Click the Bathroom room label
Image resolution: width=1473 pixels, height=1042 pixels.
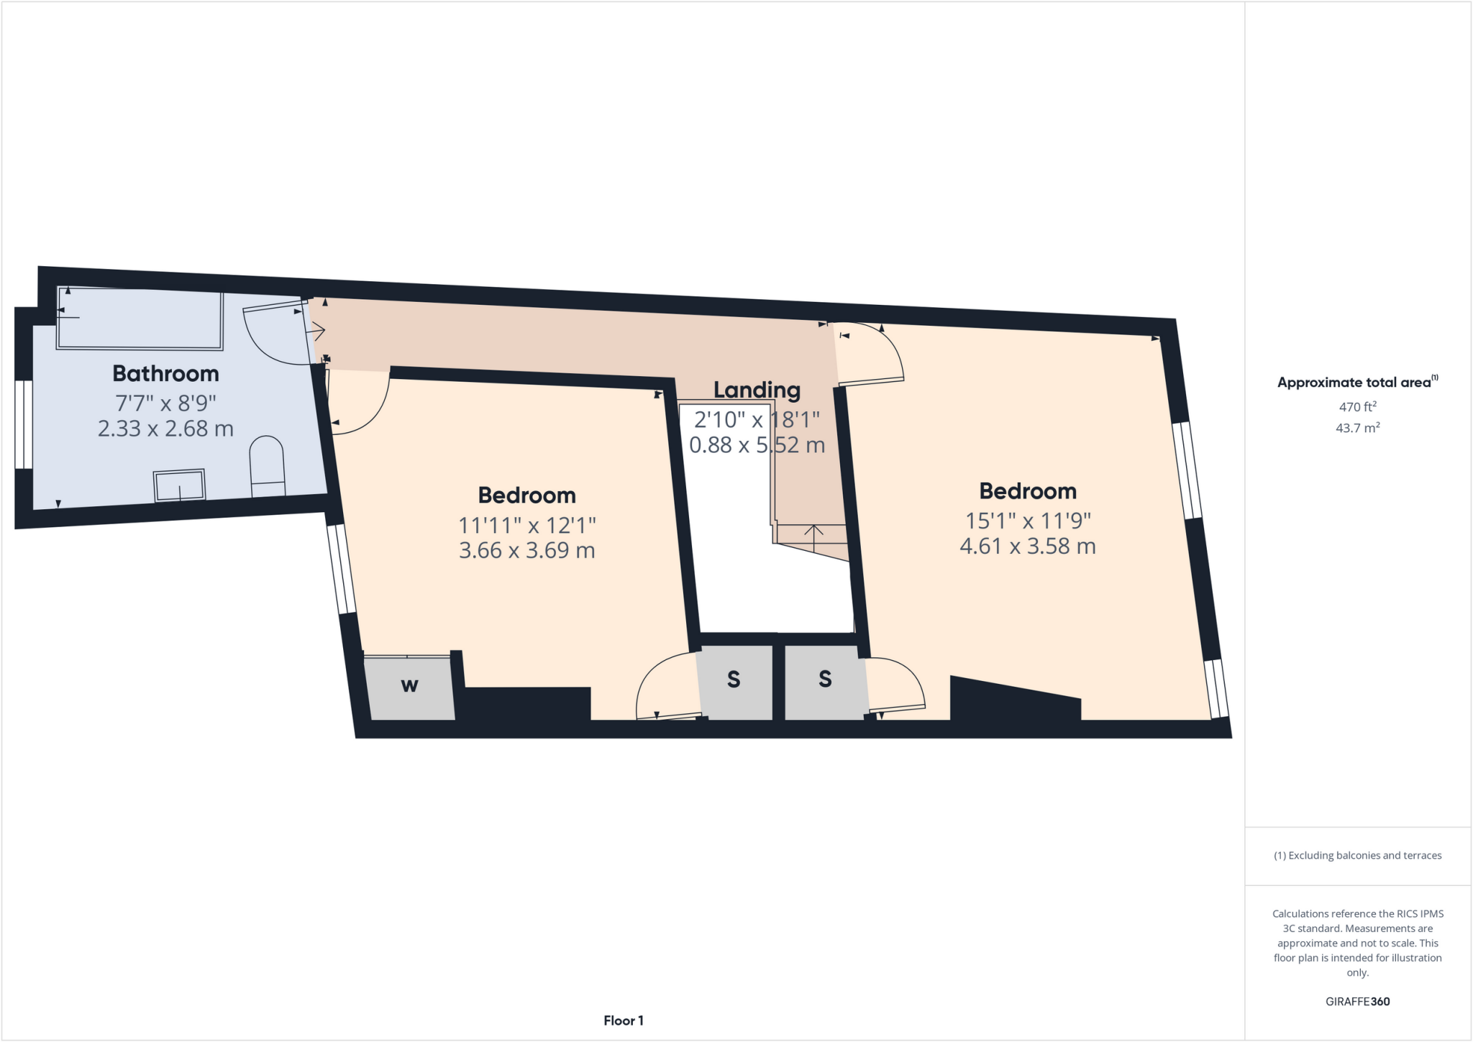(165, 373)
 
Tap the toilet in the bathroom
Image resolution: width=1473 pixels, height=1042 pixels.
(267, 467)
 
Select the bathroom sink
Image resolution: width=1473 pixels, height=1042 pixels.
(179, 485)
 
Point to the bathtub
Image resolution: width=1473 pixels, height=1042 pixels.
(140, 319)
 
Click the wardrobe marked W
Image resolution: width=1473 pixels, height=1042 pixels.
(409, 686)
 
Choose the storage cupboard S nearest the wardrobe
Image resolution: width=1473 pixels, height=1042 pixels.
(734, 679)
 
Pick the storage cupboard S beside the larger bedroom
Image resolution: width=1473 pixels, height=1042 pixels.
(825, 679)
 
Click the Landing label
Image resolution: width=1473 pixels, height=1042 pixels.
(757, 390)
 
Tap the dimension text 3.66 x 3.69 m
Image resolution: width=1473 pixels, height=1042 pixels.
(526, 551)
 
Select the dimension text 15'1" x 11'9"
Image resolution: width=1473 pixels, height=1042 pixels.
(1028, 520)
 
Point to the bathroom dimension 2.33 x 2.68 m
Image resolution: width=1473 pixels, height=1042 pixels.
(165, 429)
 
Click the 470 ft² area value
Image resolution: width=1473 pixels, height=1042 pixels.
(1357, 406)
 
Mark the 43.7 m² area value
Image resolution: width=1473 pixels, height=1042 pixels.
(1357, 428)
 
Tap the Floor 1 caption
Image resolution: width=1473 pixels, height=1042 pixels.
(624, 1020)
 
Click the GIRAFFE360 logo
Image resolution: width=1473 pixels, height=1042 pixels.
(1357, 1001)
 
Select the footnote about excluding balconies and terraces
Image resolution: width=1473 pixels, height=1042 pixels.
(1357, 855)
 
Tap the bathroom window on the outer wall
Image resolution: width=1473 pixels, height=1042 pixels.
(24, 424)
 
